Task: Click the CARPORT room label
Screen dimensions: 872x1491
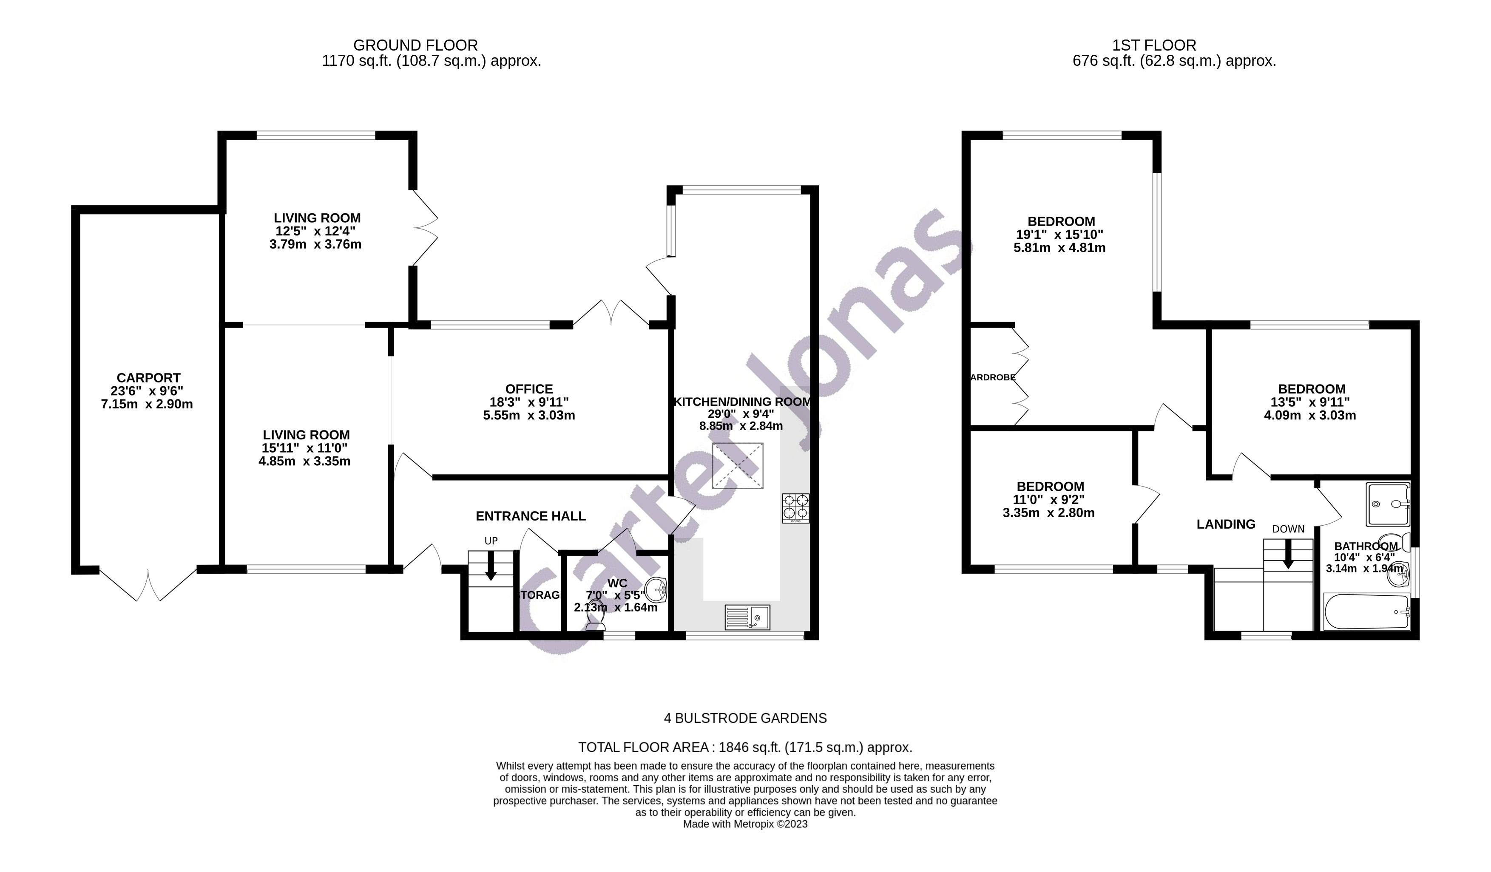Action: click(148, 377)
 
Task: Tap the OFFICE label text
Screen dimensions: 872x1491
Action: click(529, 389)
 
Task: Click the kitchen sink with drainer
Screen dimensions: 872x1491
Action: click(747, 617)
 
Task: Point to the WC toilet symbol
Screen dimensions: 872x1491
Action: click(595, 619)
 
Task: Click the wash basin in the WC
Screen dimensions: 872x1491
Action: click(656, 589)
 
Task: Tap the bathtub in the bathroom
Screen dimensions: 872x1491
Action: click(1366, 613)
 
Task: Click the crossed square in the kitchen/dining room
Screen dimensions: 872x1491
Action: click(738, 466)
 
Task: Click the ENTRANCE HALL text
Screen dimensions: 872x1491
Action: click(531, 516)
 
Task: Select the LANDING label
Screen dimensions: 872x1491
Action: click(1225, 524)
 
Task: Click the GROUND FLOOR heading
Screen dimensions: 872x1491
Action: click(415, 45)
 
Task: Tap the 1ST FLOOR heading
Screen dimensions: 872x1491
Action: click(1154, 45)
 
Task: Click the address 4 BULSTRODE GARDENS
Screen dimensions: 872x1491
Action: click(745, 718)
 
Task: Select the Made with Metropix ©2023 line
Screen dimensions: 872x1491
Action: click(745, 824)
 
